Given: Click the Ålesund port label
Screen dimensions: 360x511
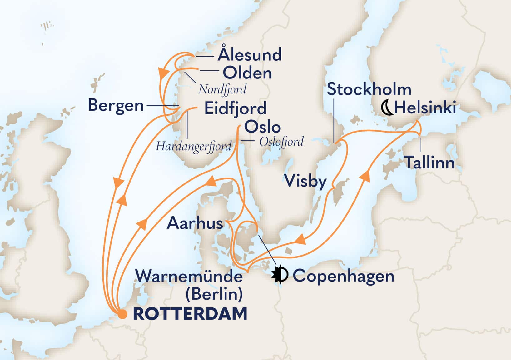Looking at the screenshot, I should [250, 55].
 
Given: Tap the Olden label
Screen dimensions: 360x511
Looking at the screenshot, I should [247, 73].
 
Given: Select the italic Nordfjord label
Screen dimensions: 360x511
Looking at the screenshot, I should [222, 89].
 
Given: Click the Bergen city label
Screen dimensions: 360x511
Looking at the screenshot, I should [116, 106].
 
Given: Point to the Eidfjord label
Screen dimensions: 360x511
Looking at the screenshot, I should [235, 108].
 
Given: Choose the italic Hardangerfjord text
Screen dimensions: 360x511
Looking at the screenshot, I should [193, 146].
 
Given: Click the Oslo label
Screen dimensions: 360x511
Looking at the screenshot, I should [262, 127].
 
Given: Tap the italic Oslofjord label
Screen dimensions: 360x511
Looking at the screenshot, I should [281, 142].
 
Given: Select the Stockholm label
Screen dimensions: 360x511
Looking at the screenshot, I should [369, 89].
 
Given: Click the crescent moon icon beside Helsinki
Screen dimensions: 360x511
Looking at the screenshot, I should [387, 108].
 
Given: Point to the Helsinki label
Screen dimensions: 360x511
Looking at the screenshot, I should [425, 108].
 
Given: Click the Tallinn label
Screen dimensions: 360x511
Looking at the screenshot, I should [429, 162].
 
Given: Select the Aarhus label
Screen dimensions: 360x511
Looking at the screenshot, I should [195, 223].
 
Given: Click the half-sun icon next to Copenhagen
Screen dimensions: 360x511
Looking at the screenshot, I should [280, 275].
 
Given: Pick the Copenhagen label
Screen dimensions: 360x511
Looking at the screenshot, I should [343, 276].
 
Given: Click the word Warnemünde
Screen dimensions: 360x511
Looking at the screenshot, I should [189, 276].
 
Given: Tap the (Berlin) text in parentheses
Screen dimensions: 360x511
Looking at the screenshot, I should [214, 294].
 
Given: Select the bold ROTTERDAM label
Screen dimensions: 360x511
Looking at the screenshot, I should [190, 314].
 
